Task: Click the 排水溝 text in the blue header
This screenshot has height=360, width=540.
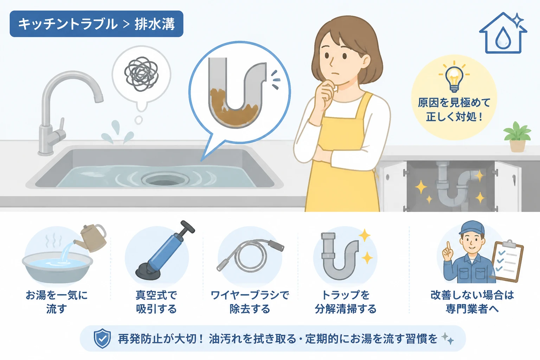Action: point(154,24)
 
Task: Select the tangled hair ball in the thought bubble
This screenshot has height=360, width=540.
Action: point(142,74)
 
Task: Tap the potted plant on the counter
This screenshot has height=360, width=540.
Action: point(517,136)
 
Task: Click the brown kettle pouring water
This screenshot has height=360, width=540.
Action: point(92,238)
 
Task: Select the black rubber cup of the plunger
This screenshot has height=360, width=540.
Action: point(148,272)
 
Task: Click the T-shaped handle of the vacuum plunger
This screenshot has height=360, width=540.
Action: point(185,228)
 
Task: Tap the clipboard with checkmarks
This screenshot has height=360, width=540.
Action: point(507,261)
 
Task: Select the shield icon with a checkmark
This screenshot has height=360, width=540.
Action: point(102,338)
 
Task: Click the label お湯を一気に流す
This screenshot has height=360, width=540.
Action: point(57,302)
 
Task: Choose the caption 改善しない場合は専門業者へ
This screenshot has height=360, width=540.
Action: point(472,302)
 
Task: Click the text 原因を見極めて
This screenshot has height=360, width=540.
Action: point(454,103)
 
